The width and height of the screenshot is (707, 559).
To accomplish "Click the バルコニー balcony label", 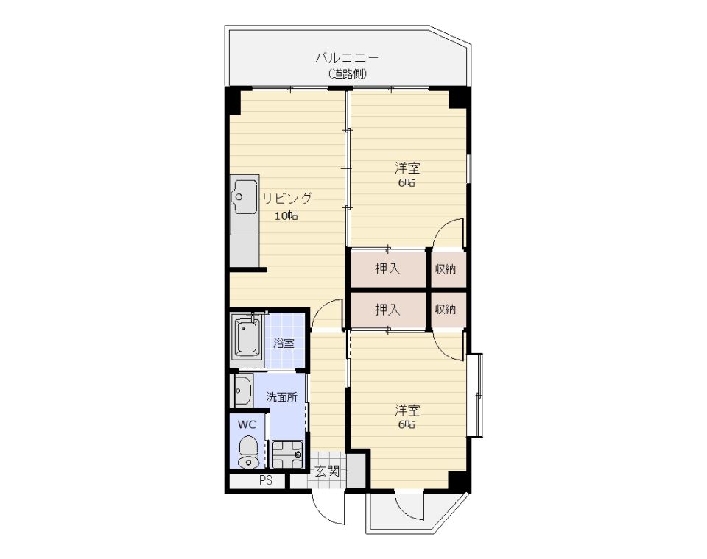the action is [347, 58].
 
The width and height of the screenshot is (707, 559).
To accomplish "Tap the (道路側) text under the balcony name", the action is [347, 74].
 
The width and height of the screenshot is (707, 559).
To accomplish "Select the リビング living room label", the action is [287, 199].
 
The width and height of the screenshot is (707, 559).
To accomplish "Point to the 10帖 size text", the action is [286, 216].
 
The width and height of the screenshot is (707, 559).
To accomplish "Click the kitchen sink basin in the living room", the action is [245, 197].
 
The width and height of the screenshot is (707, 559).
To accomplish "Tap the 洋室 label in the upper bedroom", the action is [407, 168].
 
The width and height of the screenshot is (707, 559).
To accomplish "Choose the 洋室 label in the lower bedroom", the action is [407, 410].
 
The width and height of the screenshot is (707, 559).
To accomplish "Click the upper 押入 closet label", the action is [387, 269].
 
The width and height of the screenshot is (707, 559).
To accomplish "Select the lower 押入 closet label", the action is [387, 310].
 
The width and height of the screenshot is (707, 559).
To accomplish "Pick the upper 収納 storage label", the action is [446, 269].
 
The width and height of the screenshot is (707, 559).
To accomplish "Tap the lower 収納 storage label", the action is [446, 310].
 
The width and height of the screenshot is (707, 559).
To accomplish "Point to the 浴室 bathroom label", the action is [284, 343].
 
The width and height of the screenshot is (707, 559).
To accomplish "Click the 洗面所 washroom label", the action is [281, 397].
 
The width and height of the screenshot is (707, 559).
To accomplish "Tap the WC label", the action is [247, 424].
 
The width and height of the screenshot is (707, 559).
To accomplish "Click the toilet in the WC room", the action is [247, 452].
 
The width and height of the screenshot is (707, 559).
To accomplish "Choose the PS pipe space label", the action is [266, 480].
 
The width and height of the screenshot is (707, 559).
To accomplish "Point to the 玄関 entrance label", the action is [327, 471].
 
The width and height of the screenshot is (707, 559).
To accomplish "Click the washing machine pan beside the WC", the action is [287, 455].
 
